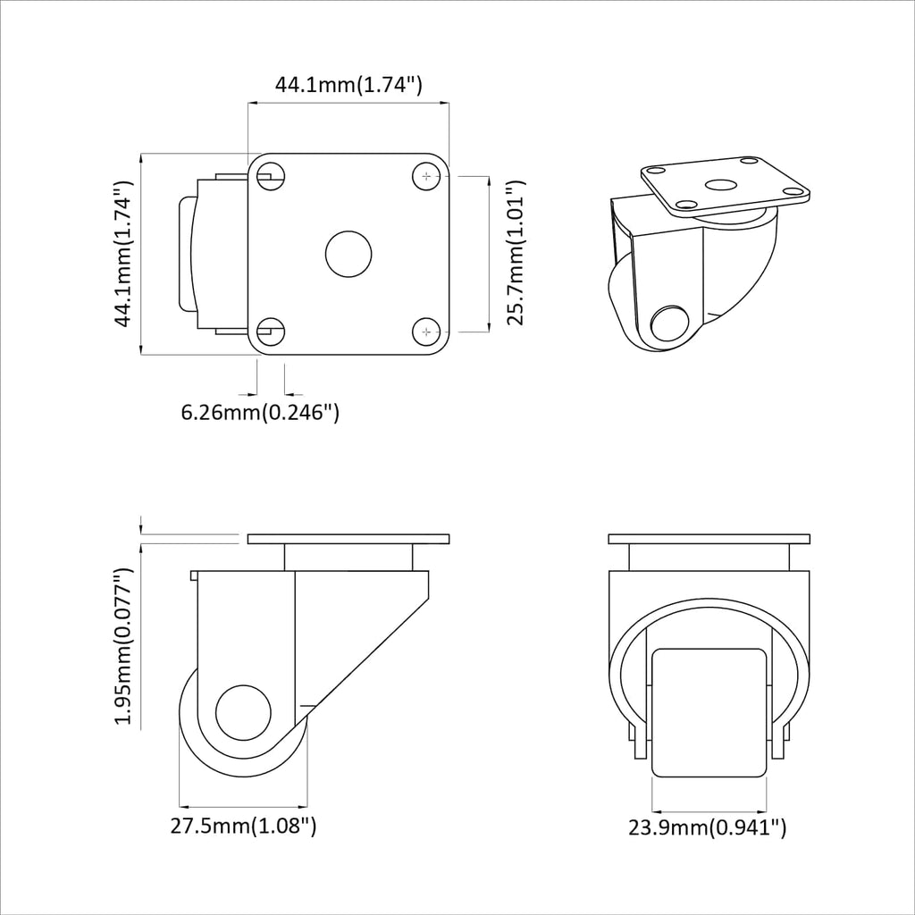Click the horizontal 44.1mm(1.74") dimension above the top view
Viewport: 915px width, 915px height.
tap(348, 86)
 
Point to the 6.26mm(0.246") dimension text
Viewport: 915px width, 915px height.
tap(260, 412)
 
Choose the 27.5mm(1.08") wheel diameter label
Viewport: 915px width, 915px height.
tap(243, 826)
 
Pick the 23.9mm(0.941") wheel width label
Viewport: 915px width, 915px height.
tap(707, 828)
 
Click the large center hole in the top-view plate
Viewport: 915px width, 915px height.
tap(348, 254)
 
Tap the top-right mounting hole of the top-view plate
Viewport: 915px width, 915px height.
tap(428, 177)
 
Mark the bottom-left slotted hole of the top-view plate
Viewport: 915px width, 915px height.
tap(270, 332)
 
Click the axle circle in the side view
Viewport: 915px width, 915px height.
tap(244, 713)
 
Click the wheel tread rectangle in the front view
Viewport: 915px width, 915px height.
tap(709, 712)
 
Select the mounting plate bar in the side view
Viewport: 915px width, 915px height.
tap(348, 540)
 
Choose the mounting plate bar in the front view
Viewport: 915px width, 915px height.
tap(709, 540)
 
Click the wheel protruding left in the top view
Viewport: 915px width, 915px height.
tap(188, 255)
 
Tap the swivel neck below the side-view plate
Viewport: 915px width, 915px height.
tap(348, 558)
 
